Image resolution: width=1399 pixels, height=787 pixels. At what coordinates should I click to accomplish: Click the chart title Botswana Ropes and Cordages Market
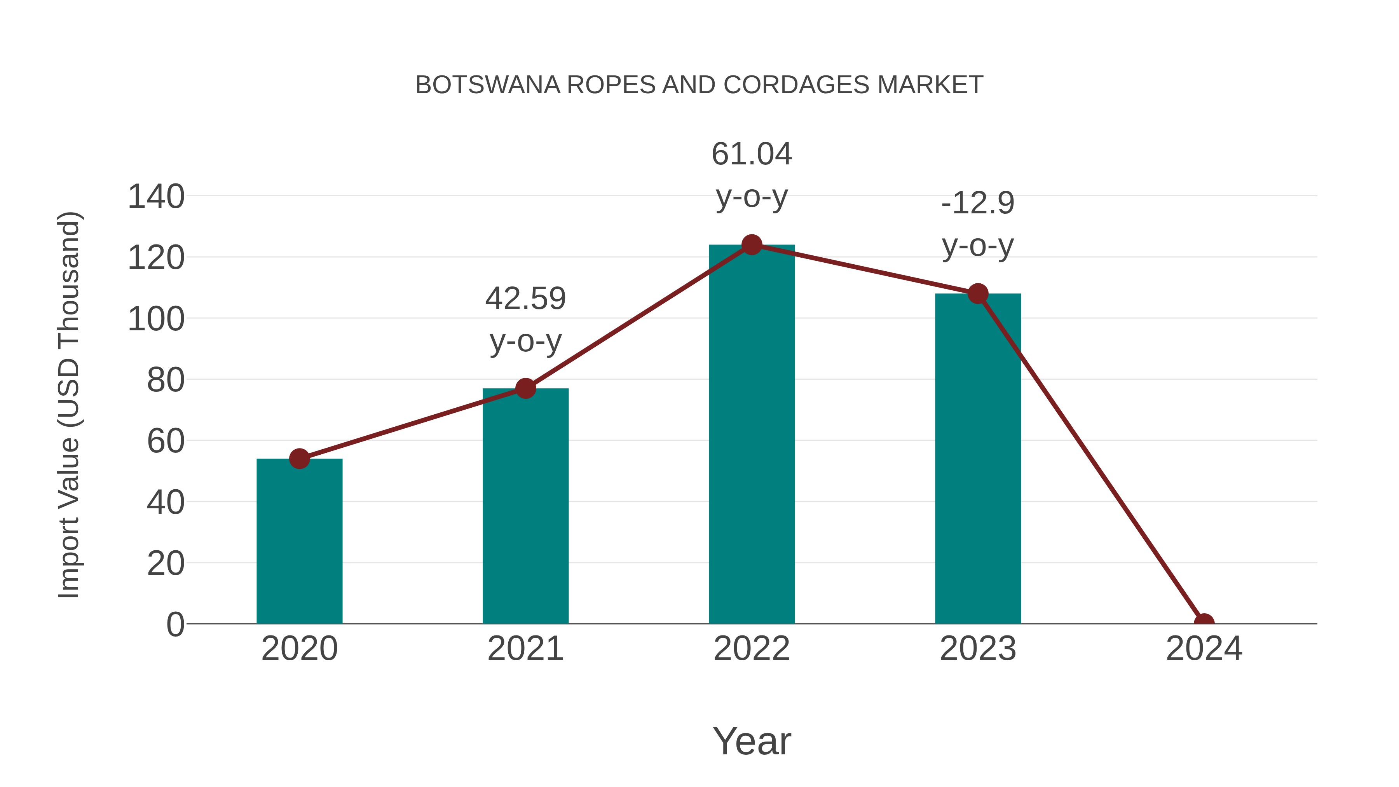pyautogui.click(x=699, y=85)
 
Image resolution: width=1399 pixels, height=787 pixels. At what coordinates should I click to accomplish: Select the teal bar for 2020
pyautogui.click(x=299, y=543)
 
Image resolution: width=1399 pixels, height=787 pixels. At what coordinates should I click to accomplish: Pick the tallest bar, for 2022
pyautogui.click(x=752, y=435)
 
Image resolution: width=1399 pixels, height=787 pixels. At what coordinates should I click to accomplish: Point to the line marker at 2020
pyautogui.click(x=299, y=459)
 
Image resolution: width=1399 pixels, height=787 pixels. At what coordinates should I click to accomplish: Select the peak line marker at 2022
pyautogui.click(x=752, y=245)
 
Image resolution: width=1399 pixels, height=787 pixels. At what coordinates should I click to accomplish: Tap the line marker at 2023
pyautogui.click(x=978, y=294)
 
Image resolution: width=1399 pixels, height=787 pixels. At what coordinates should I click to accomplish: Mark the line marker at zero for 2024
pyautogui.click(x=1204, y=623)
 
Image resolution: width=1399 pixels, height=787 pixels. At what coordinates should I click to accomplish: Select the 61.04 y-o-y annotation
pyautogui.click(x=752, y=175)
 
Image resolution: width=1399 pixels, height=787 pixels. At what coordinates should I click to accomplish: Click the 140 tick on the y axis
pyautogui.click(x=156, y=197)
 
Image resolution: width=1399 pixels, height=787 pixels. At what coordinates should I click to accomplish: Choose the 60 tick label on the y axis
pyautogui.click(x=166, y=441)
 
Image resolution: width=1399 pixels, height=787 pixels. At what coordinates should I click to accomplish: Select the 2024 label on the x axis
pyautogui.click(x=1204, y=649)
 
